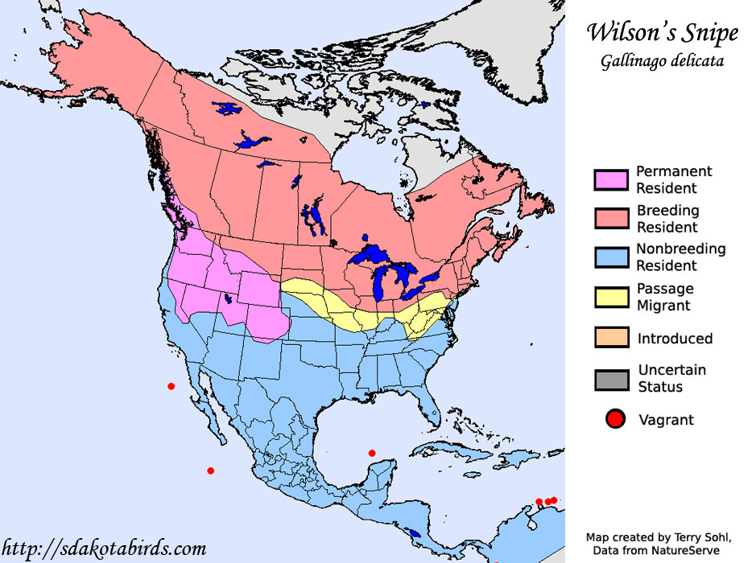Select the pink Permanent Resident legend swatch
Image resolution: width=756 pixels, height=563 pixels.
click(x=611, y=179)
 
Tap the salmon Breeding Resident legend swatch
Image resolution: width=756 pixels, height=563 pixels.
click(x=611, y=218)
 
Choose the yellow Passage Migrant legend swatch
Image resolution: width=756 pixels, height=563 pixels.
click(x=611, y=297)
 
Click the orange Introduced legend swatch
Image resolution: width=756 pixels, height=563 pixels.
click(x=611, y=338)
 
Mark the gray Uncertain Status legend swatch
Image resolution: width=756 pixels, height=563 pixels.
click(x=611, y=378)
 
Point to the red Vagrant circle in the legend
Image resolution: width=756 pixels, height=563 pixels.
click(x=616, y=418)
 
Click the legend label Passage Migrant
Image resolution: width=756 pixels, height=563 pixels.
click(x=665, y=297)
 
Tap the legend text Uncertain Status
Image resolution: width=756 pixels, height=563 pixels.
click(x=671, y=378)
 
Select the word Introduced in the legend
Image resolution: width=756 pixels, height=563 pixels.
click(x=675, y=339)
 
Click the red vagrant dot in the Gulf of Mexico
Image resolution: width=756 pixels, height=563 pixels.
click(x=372, y=453)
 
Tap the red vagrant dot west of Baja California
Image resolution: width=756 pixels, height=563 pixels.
click(x=171, y=386)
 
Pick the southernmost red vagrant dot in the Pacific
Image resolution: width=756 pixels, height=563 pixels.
click(x=210, y=471)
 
